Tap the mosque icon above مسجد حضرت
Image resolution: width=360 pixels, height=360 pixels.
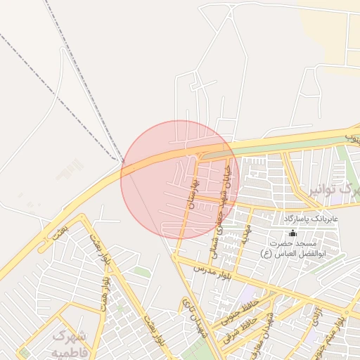point(292,233)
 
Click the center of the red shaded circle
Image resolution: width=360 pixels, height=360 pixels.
point(180,179)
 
